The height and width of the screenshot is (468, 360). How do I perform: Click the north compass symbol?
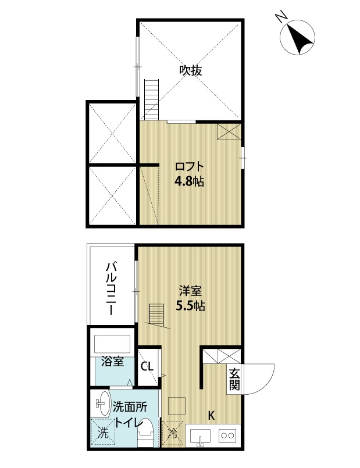tap(297, 37)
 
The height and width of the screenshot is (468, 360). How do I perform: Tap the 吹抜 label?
tap(190, 70)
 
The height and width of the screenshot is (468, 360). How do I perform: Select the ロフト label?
tap(189, 166)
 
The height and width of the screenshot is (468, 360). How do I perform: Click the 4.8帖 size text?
tap(189, 181)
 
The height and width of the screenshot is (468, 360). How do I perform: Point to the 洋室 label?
tap(190, 291)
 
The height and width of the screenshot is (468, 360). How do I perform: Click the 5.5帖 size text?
tap(190, 306)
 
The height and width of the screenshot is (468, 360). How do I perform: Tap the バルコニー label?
tap(111, 288)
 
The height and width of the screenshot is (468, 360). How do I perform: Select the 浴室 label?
tap(112, 362)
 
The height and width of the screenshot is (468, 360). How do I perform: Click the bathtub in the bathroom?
tap(112, 344)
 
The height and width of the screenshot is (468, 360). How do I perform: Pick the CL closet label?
tap(147, 366)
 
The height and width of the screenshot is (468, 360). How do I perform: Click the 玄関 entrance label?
tap(234, 379)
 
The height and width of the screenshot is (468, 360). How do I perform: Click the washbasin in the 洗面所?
tap(104, 403)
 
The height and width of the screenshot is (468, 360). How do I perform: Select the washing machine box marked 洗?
tap(103, 433)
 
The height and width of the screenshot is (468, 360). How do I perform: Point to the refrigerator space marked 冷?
tap(173, 433)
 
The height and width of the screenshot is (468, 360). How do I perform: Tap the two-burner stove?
tap(227, 436)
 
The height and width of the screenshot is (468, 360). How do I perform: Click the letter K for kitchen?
tap(211, 416)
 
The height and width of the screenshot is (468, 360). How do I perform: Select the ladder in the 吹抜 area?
tap(152, 99)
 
